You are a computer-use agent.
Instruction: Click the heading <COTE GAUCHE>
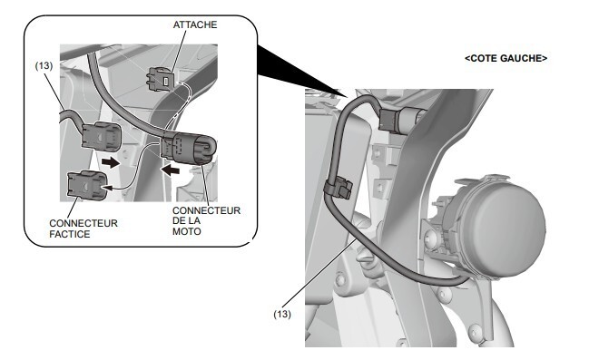tap(506, 58)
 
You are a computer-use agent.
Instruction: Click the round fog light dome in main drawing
tap(501, 221)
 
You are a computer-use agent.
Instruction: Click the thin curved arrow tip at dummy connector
tap(110, 188)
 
